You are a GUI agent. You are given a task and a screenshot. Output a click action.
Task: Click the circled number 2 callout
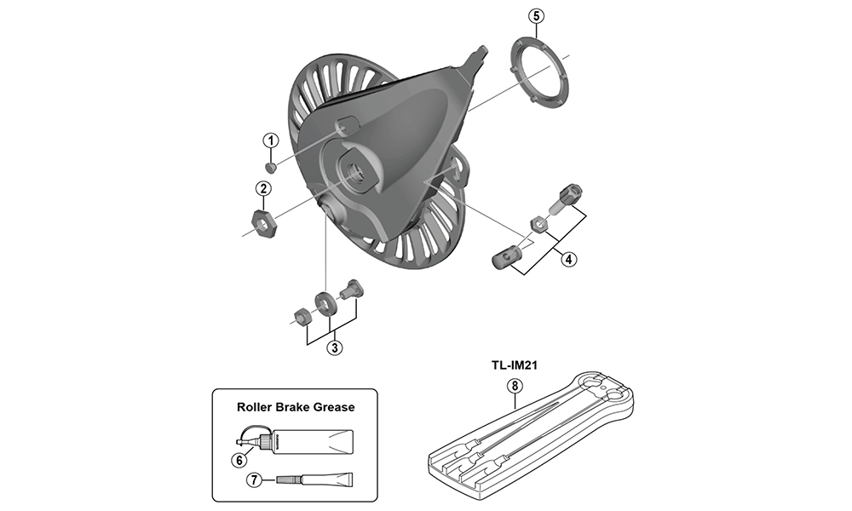[x=264, y=188]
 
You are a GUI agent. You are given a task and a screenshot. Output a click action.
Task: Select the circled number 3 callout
[x=335, y=347]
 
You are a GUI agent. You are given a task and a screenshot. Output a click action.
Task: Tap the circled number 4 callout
[x=567, y=260]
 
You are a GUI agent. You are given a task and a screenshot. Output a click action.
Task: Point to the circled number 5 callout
[x=535, y=15]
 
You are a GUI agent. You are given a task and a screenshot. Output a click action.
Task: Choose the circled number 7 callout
[x=252, y=480]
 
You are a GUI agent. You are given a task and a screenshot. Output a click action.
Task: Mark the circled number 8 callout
[x=514, y=385]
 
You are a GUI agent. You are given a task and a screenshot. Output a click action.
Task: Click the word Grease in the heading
[x=330, y=407]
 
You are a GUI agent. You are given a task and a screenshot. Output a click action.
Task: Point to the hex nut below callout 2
[x=264, y=224]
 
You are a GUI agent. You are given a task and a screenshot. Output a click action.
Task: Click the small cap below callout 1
[x=270, y=166]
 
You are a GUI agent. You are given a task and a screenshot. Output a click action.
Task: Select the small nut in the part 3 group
[x=301, y=318]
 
